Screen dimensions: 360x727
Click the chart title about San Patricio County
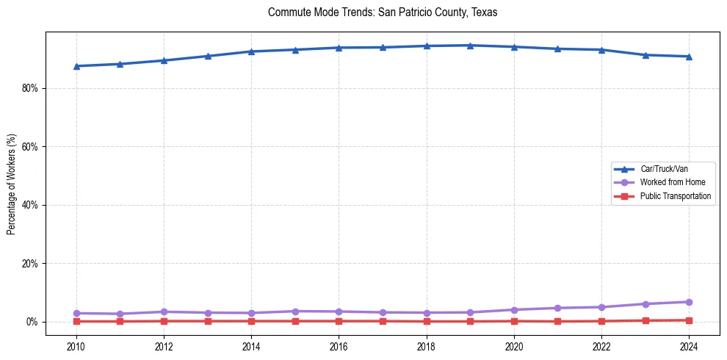coord(383,12)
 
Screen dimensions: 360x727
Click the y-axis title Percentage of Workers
coord(11,184)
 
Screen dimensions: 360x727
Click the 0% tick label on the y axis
coord(34,322)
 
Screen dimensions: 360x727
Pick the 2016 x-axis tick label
coord(339,345)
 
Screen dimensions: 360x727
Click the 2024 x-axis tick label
coord(689,345)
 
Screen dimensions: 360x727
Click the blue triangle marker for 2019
coord(470,46)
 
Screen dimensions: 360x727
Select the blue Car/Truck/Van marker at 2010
coord(76,66)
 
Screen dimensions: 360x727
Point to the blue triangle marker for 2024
coord(689,57)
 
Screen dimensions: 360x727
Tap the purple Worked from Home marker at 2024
coord(689,302)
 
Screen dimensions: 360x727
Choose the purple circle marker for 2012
coord(164,312)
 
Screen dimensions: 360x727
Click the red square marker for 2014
coord(251,321)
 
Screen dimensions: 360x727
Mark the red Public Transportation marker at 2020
coord(514,321)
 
